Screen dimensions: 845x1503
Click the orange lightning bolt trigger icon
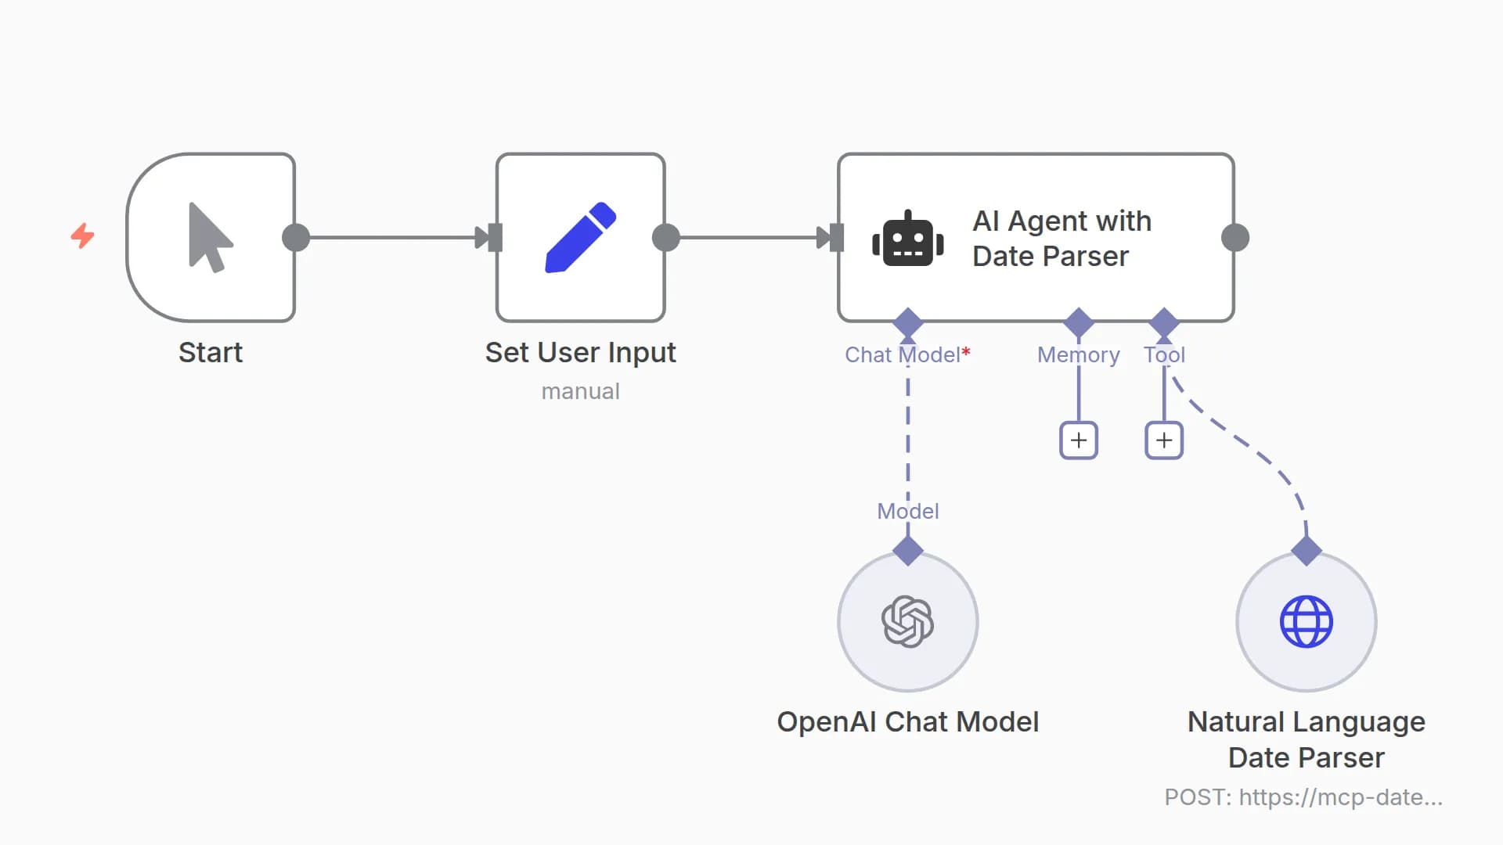pos(82,236)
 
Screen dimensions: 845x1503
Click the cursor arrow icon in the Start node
pos(209,237)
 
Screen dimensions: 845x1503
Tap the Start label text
pos(210,352)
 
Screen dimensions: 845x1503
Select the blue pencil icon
pos(580,237)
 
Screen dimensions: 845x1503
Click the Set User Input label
pos(580,352)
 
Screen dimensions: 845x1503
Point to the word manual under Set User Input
pos(580,391)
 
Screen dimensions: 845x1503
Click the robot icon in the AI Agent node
pos(907,239)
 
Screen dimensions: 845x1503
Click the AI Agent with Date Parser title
pos(1061,238)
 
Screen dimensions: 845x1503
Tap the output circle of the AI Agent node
pos(1234,237)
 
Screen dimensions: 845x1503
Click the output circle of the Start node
pos(296,237)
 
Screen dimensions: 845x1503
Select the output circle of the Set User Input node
pos(666,237)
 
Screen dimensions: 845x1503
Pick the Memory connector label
pos(1078,354)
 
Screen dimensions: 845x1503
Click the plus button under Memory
pos(1078,440)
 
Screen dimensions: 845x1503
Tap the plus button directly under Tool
pos(1163,440)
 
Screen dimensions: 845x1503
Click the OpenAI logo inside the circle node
pos(907,621)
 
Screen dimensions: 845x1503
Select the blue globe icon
pos(1306,621)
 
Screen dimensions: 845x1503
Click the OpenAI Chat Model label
pos(907,721)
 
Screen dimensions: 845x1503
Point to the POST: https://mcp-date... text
pos(1303,796)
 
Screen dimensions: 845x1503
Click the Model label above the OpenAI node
pos(907,511)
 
